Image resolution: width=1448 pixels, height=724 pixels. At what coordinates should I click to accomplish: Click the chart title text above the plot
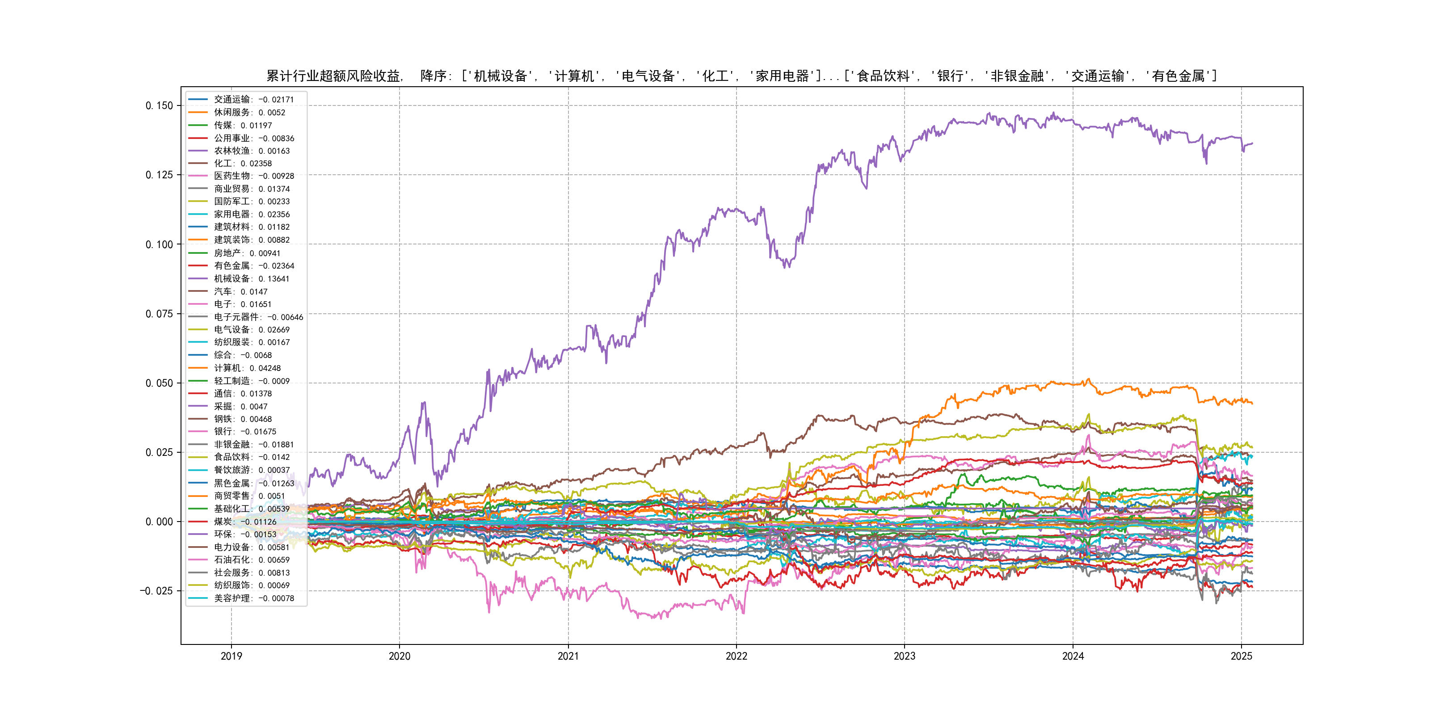click(741, 76)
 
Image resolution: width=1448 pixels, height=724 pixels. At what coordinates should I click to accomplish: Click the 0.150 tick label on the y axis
click(159, 105)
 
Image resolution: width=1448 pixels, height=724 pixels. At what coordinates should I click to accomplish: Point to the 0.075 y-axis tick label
click(159, 314)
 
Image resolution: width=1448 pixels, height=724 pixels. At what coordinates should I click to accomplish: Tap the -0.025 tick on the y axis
click(156, 591)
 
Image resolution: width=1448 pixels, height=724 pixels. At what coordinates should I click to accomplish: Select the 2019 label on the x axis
click(231, 656)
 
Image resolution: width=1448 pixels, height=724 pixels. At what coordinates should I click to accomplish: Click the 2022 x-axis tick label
click(737, 656)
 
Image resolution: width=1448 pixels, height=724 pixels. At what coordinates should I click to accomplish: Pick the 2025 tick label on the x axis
click(1241, 656)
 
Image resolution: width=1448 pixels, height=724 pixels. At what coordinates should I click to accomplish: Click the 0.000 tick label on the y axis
click(159, 522)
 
